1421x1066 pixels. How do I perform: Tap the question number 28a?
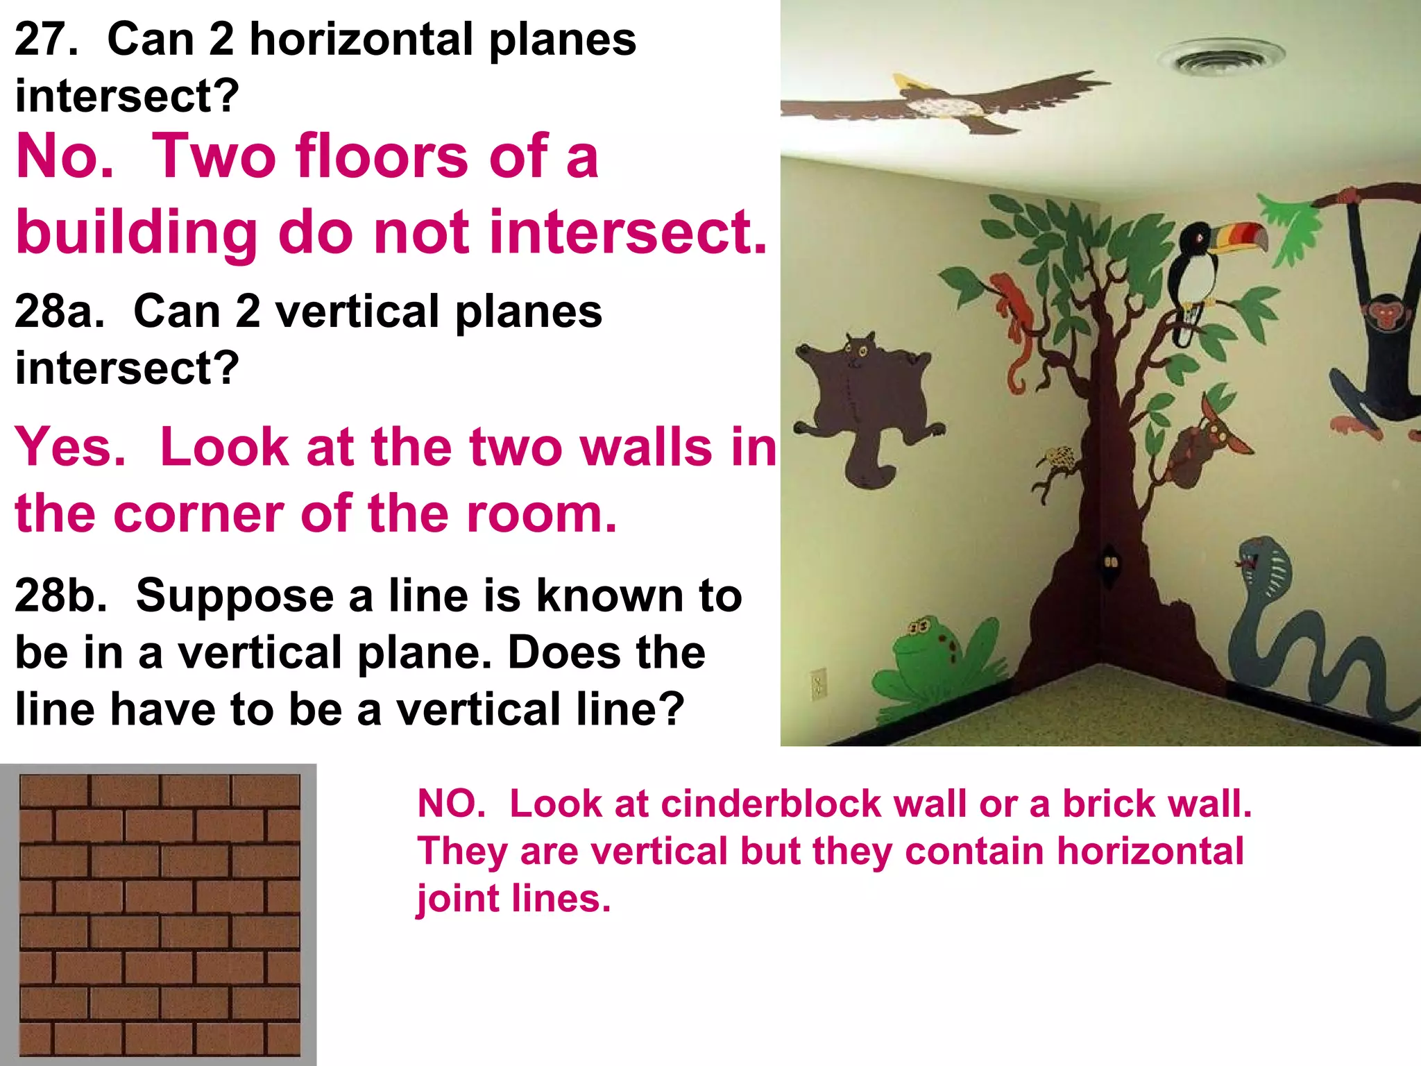click(59, 311)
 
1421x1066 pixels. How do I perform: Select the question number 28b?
click(61, 595)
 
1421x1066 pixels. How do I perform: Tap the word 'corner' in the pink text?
click(198, 514)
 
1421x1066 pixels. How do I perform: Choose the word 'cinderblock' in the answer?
click(770, 804)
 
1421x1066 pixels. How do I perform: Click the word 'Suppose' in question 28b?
click(235, 595)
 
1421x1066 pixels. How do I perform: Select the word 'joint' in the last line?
click(458, 899)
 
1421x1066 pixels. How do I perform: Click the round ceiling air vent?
click(1220, 57)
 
